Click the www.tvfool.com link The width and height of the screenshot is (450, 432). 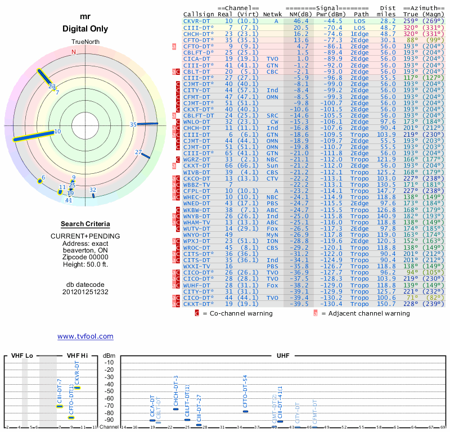click(x=85, y=336)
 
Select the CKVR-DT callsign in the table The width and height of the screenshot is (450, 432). click(x=197, y=21)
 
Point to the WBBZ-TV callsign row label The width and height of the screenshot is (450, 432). click(x=197, y=184)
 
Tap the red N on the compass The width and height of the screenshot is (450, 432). click(x=73, y=52)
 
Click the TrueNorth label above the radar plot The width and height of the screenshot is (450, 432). click(x=85, y=42)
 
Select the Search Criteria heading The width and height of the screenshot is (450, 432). click(x=85, y=224)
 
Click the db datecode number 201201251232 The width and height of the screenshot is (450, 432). click(x=85, y=292)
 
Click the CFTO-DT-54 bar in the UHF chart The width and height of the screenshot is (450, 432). click(x=245, y=411)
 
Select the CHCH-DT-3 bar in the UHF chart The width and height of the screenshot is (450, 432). click(x=175, y=408)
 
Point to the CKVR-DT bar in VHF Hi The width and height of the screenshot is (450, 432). click(x=77, y=388)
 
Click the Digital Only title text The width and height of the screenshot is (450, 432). click(x=85, y=29)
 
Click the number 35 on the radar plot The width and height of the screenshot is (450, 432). click(x=133, y=124)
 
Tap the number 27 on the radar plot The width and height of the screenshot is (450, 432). click(x=138, y=152)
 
